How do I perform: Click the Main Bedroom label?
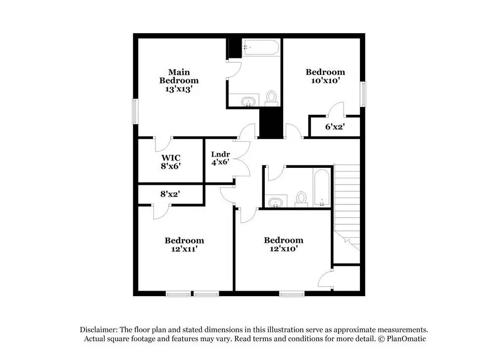click(x=179, y=76)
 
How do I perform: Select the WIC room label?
click(x=171, y=158)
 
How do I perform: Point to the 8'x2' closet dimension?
click(x=170, y=195)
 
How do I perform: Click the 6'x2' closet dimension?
click(x=335, y=127)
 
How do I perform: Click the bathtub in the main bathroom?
click(x=261, y=49)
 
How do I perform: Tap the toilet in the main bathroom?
click(x=271, y=97)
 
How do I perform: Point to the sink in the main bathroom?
click(x=249, y=102)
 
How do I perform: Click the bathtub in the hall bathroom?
click(x=322, y=188)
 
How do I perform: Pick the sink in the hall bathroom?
click(x=275, y=202)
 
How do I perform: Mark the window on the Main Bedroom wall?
click(x=134, y=111)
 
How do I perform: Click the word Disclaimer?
click(x=98, y=330)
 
